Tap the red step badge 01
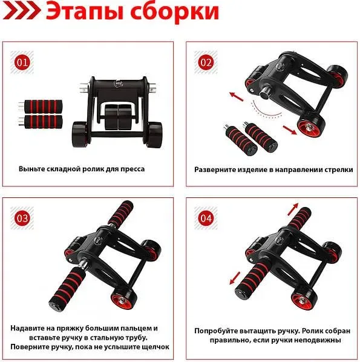coord(22,62)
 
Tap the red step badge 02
coord(206,62)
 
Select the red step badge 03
coord(22,218)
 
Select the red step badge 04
coord(206,218)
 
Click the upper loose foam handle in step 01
coord(41,106)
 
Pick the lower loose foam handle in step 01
coord(41,121)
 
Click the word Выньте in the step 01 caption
coord(31,169)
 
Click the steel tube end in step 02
coord(264,93)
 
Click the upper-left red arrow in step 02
coord(237,96)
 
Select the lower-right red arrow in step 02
coord(290,130)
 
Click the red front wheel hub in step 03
coord(122,301)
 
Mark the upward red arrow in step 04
coord(293,209)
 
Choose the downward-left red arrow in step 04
coord(235,278)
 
